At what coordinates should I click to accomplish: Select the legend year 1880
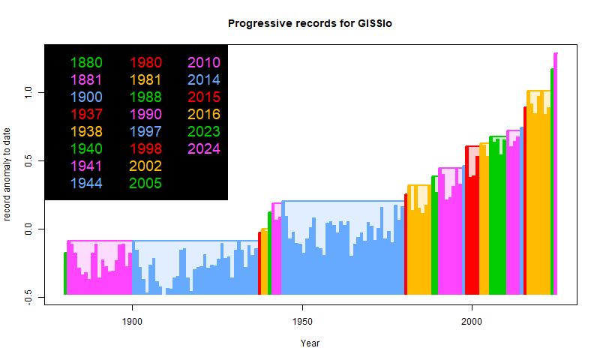[86, 62]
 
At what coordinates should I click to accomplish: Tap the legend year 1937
[86, 114]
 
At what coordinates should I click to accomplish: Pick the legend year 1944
[86, 183]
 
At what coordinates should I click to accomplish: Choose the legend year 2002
[145, 166]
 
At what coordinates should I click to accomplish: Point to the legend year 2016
[204, 114]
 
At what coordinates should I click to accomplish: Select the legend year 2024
[204, 148]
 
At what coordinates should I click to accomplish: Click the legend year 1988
[145, 97]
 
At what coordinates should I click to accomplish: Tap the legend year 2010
[204, 62]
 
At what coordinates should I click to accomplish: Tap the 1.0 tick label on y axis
[28, 92]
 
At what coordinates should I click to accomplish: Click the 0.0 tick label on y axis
[28, 229]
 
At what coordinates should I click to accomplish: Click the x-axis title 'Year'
[310, 343]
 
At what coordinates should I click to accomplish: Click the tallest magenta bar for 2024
[556, 172]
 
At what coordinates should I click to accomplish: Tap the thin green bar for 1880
[65, 274]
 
